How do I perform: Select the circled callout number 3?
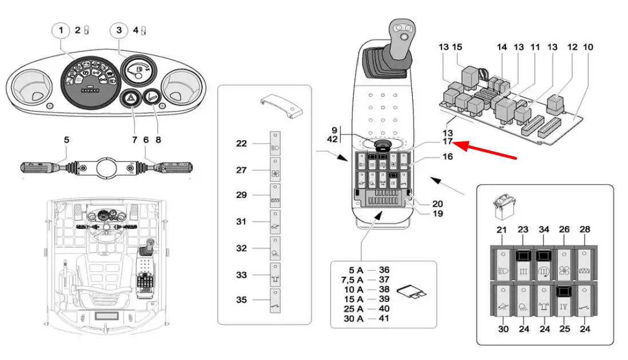(x=119, y=30)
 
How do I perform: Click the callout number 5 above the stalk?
(x=66, y=140)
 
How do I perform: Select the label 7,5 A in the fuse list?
(x=352, y=279)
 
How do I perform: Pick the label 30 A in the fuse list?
(x=352, y=318)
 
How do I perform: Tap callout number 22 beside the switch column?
(x=242, y=143)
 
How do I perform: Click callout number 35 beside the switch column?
(x=242, y=299)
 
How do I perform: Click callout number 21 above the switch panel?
(x=503, y=230)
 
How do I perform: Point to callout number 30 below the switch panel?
(x=503, y=329)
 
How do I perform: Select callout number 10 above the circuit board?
(x=588, y=47)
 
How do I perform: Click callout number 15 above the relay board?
(x=457, y=47)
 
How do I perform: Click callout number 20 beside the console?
(x=437, y=204)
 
